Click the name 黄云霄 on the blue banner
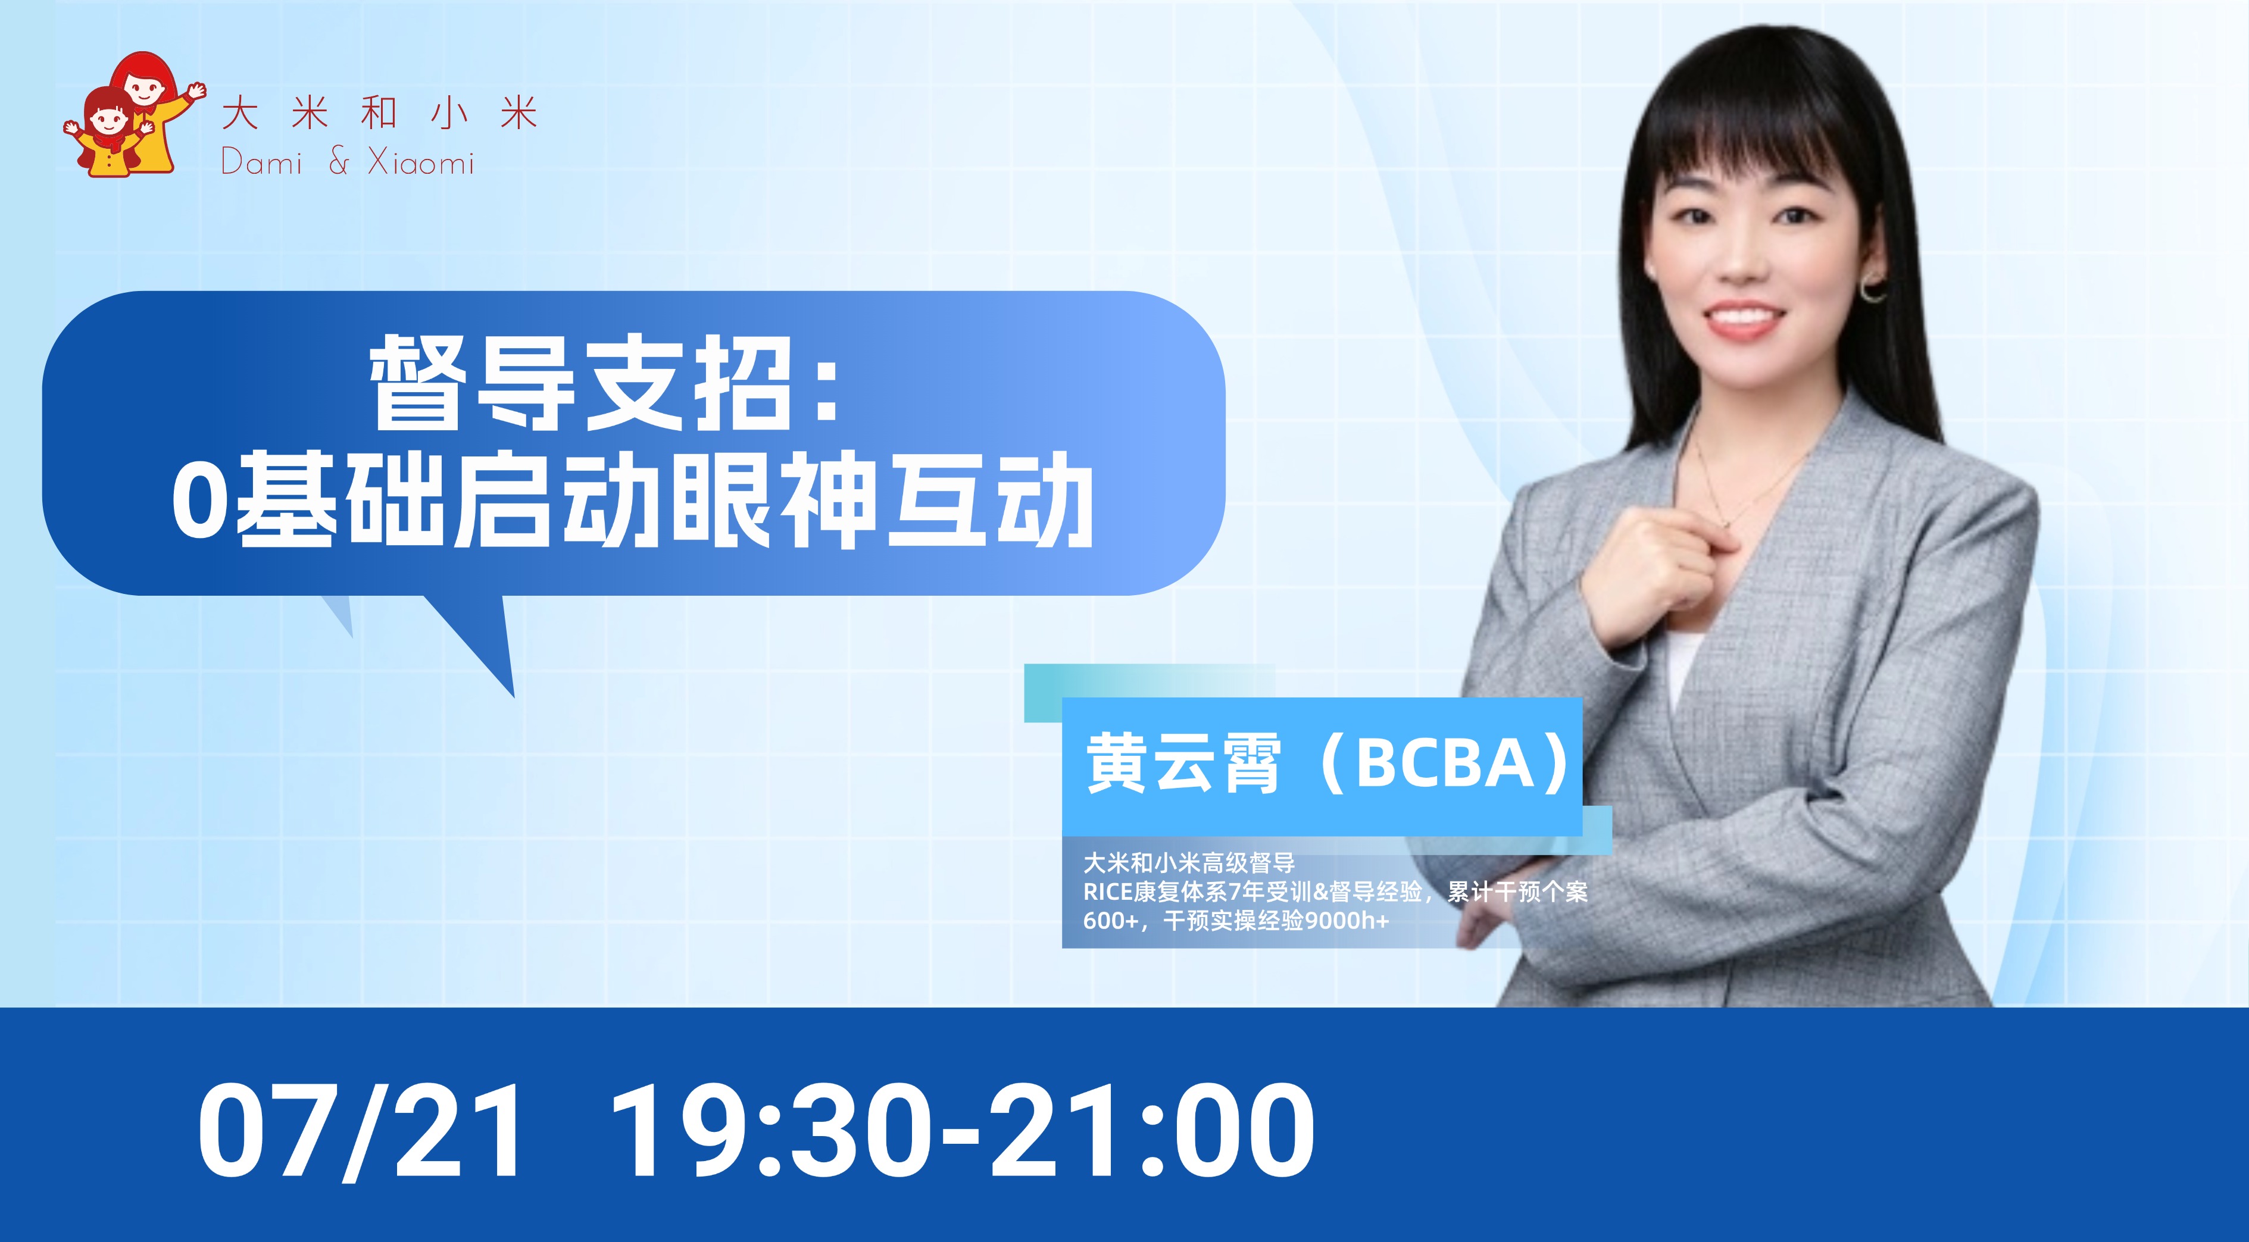point(1183,763)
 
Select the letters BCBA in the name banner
point(1445,763)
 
